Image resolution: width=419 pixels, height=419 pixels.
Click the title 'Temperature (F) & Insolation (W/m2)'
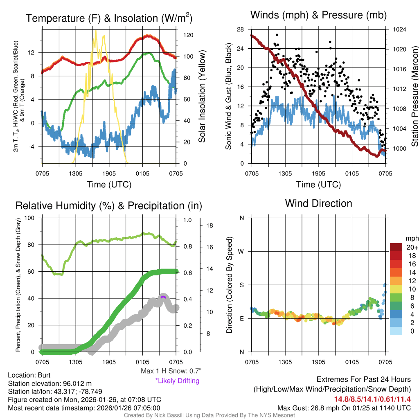109,18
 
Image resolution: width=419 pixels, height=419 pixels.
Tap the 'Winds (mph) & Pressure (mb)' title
318,16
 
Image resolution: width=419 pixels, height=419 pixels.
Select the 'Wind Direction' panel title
318,203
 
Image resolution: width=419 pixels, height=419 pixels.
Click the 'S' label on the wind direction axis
241,285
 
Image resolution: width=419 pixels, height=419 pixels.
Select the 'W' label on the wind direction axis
241,251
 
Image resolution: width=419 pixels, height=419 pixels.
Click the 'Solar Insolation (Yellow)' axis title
202,97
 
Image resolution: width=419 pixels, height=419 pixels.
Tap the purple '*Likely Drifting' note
177,381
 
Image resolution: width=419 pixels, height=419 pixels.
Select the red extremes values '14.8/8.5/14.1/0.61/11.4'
372,399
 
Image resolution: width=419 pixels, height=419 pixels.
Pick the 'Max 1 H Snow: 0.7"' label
171,371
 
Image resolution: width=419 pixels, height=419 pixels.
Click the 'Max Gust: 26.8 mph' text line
344,408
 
